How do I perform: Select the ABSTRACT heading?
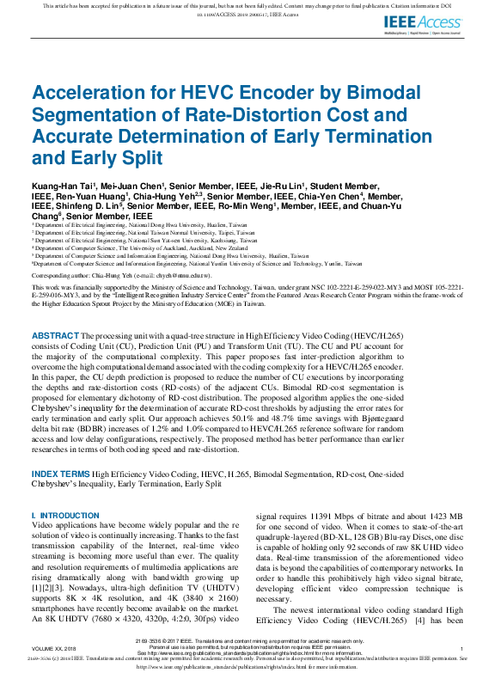[56, 335]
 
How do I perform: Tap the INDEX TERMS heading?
[61, 474]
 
